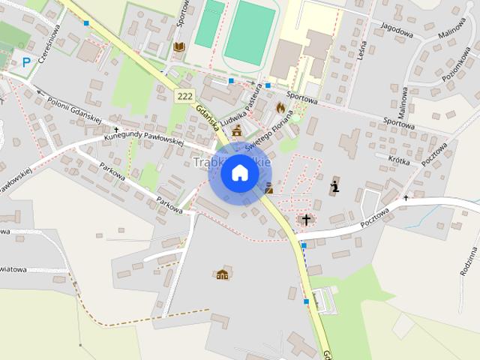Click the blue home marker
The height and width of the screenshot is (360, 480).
click(239, 173)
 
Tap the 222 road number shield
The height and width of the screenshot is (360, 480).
click(186, 96)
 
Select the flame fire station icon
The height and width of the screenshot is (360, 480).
click(280, 107)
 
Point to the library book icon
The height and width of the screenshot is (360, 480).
click(178, 47)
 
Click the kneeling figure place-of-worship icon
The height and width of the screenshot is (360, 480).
click(335, 185)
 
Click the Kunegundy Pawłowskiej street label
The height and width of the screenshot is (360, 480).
click(144, 136)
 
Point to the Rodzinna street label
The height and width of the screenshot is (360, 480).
click(469, 258)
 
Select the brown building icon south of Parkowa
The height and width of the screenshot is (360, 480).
click(222, 275)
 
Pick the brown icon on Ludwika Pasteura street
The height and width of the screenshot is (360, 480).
click(237, 130)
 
